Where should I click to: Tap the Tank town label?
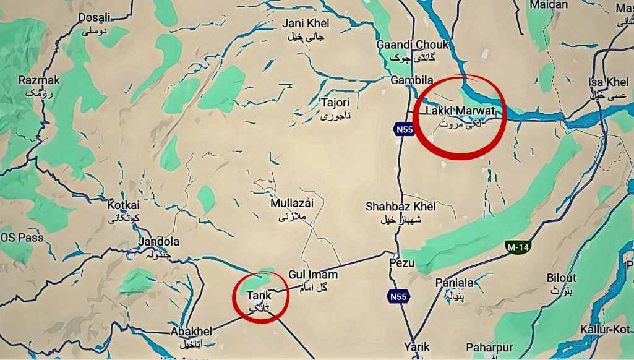coord(259,296)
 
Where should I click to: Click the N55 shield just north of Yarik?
coord(398,297)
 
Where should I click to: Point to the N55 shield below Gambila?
coord(403,129)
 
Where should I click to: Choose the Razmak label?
coord(39,80)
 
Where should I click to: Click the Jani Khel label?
coord(306,24)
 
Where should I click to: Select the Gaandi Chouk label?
coord(413,45)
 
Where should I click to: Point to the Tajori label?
coord(335,102)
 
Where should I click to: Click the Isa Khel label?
coord(608,82)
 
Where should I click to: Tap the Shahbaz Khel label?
coord(401,207)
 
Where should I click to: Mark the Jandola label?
coord(159,242)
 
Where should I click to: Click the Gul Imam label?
coord(312,275)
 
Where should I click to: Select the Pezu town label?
coord(401,263)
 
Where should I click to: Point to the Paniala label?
coord(454,283)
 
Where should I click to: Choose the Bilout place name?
coord(562,278)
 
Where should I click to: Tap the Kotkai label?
coord(124,205)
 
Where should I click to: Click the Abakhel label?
coord(191,332)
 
